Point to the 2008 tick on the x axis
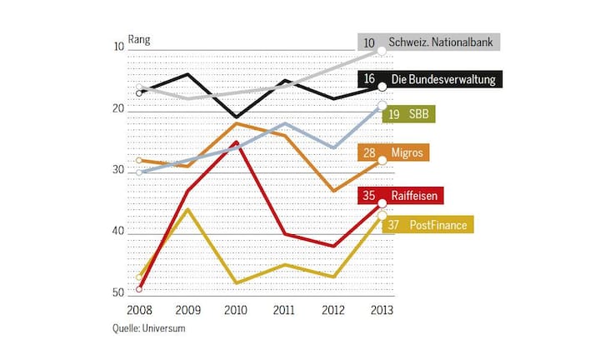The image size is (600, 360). (x=138, y=309)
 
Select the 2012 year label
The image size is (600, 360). (x=332, y=309)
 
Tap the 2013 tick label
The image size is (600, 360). (x=381, y=309)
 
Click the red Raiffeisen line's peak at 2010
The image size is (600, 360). (x=236, y=142)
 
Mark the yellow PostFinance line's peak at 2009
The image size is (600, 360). (x=187, y=208)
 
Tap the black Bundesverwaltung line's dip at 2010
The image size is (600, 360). (x=236, y=117)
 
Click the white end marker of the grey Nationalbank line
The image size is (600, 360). (x=382, y=51)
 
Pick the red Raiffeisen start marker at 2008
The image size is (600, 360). (x=138, y=289)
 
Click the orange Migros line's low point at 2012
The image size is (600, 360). (x=333, y=191)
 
